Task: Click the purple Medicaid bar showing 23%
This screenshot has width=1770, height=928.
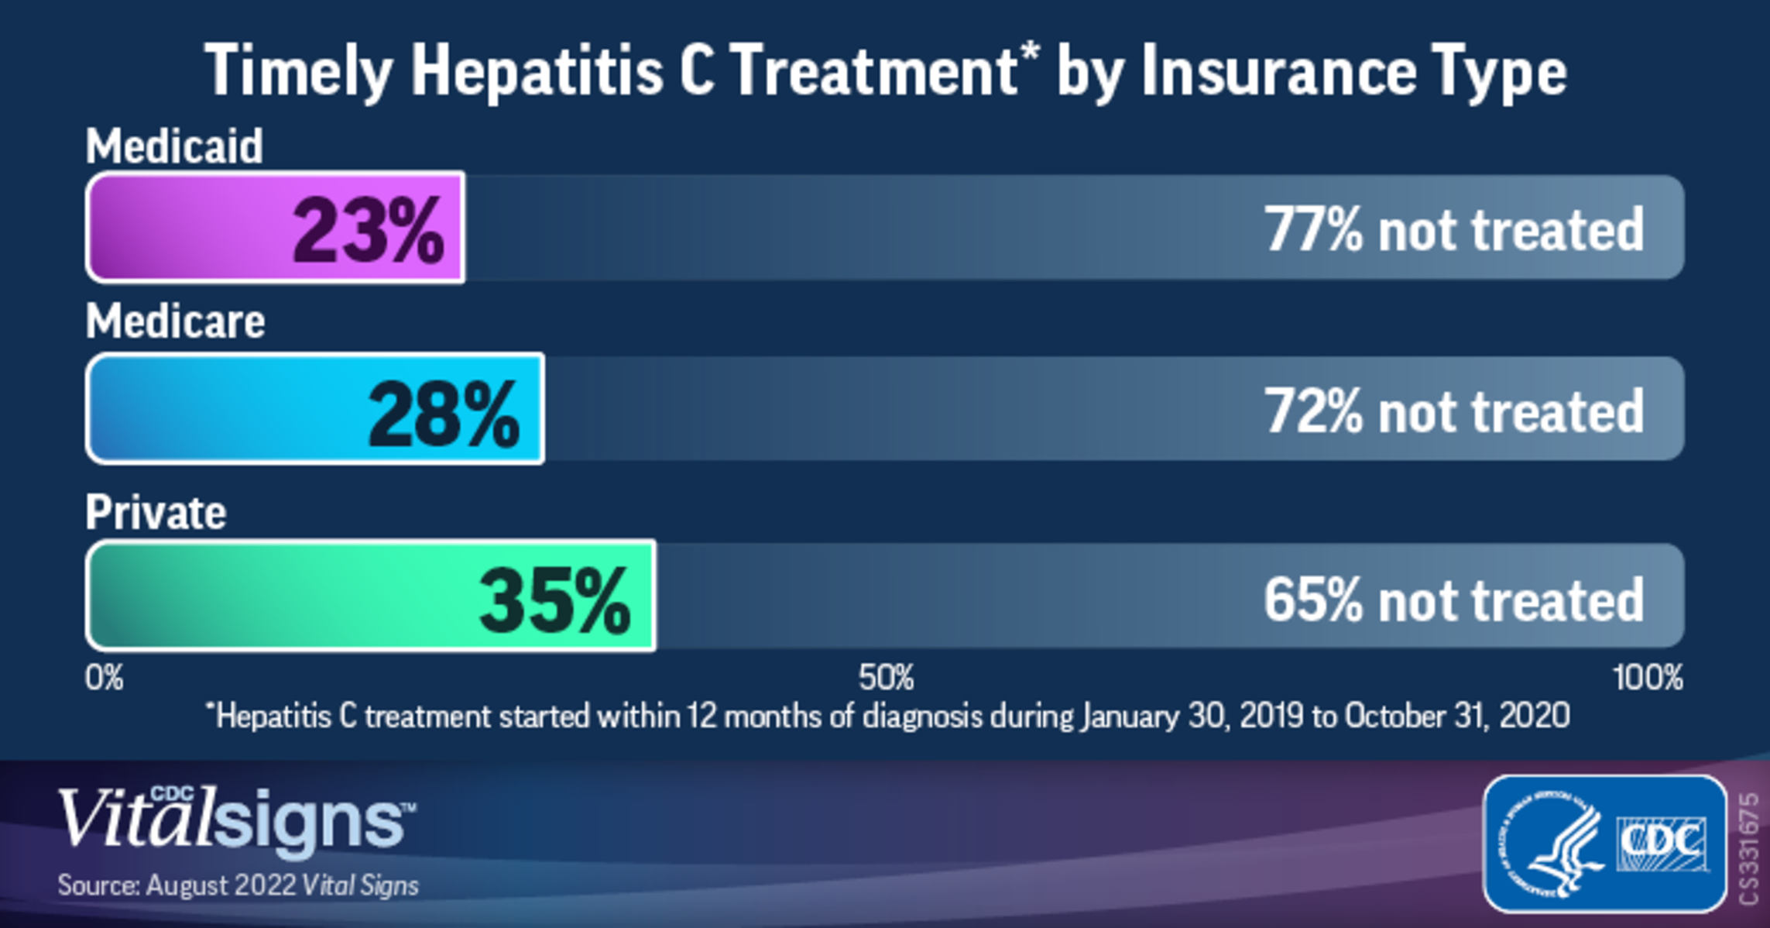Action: click(275, 228)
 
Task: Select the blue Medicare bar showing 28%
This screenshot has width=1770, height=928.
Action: click(314, 409)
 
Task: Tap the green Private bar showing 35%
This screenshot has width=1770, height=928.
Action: click(370, 596)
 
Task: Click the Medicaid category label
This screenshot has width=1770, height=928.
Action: click(174, 146)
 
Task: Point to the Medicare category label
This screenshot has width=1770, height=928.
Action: click(175, 321)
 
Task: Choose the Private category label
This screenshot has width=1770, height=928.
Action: click(156, 512)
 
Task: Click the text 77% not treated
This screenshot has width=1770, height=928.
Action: click(1453, 230)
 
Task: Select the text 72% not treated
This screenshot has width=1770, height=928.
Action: click(1453, 411)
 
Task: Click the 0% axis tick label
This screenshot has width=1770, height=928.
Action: click(104, 679)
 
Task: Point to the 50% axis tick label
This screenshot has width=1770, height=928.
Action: click(886, 679)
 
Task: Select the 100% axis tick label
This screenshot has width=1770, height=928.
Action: click(1648, 679)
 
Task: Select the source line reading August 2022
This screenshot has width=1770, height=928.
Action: click(238, 885)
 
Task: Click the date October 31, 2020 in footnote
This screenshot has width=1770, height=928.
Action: click(1456, 716)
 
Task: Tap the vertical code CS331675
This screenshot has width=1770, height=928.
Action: click(1748, 848)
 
